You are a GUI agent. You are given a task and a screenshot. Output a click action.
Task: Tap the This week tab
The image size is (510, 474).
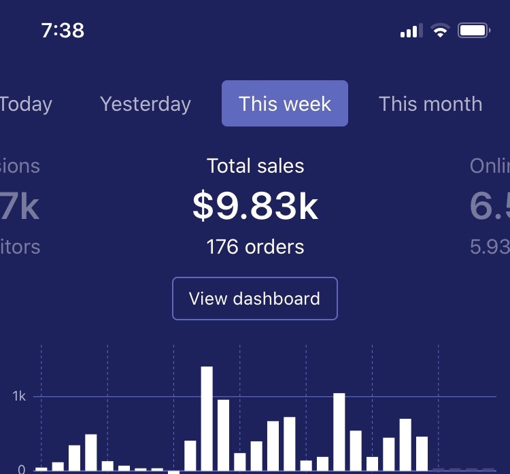tap(285, 104)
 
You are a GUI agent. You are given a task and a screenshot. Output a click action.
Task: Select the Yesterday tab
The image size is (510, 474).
tap(146, 104)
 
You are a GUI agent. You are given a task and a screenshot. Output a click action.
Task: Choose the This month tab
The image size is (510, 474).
tap(430, 104)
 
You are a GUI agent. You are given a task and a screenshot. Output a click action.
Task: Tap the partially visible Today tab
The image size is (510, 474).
tap(25, 104)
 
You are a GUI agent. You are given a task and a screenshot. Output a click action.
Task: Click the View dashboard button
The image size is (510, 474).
tap(255, 299)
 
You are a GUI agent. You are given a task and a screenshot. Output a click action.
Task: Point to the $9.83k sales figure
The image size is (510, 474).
tap(255, 206)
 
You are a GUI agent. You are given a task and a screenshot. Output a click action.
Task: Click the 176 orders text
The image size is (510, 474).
tap(255, 246)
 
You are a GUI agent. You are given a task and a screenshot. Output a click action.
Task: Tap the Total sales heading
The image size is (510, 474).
tap(255, 166)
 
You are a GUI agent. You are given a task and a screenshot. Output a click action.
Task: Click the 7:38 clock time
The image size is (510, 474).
tap(63, 31)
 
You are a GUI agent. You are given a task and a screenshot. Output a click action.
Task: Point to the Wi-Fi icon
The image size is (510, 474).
tap(441, 31)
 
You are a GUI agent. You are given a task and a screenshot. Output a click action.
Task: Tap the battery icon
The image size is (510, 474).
tap(474, 31)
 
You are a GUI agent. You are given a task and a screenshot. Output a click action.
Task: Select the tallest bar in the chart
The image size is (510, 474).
tap(207, 418)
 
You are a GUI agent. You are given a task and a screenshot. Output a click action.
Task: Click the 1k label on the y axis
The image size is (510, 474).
tap(19, 396)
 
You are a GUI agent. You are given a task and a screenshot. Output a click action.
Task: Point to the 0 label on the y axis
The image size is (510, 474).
tap(21, 469)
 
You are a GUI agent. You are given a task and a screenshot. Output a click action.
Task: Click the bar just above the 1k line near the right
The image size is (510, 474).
tap(339, 431)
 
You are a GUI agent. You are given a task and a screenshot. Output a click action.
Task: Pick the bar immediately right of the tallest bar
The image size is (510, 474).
tap(223, 435)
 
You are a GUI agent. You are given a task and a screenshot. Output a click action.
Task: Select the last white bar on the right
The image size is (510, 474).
tap(422, 453)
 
